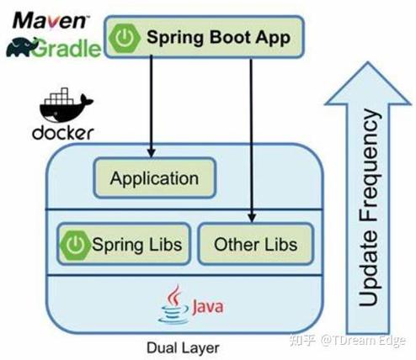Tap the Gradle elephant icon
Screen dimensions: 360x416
pos(21,46)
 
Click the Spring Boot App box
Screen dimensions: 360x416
pos(203,38)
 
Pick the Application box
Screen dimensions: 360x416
pos(153,178)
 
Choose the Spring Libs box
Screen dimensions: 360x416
pos(123,245)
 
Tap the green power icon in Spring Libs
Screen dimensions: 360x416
pos(75,245)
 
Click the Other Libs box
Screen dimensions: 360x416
pos(255,245)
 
